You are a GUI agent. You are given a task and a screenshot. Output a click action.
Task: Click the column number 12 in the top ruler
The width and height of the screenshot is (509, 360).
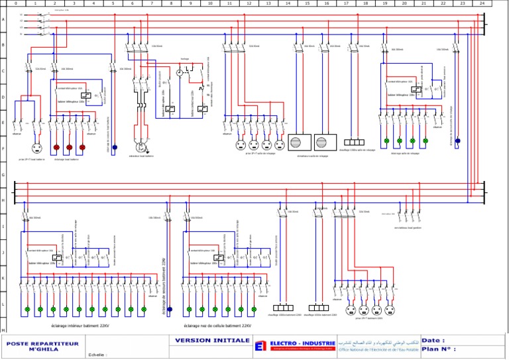click(x=249, y=3)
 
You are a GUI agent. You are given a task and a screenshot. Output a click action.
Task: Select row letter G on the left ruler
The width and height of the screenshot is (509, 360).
click(x=3, y=174)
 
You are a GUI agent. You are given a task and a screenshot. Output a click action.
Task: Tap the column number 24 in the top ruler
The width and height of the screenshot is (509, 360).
click(x=482, y=3)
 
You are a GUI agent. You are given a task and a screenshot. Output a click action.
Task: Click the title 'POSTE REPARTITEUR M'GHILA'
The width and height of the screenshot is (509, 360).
click(x=43, y=347)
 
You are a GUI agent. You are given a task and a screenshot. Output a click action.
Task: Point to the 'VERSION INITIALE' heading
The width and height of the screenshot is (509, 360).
click(x=208, y=341)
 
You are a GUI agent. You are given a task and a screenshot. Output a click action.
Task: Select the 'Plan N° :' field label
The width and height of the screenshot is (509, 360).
click(x=439, y=349)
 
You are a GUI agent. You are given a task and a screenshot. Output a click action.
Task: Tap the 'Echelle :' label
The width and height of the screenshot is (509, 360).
click(x=97, y=355)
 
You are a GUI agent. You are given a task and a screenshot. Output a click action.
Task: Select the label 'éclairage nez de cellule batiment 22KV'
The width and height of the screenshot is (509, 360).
click(x=217, y=326)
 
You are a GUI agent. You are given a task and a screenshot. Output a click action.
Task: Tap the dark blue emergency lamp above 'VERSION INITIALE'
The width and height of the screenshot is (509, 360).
click(x=170, y=309)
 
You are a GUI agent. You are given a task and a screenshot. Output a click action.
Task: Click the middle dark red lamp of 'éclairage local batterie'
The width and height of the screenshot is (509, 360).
click(x=70, y=147)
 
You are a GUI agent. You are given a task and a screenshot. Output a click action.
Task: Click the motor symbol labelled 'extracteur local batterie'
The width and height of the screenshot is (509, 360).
click(x=141, y=147)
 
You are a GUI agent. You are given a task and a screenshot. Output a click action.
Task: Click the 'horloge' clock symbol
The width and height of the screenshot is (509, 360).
click(x=178, y=71)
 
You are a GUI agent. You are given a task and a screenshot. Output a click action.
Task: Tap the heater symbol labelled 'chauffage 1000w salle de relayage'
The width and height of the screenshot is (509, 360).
click(x=355, y=142)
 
